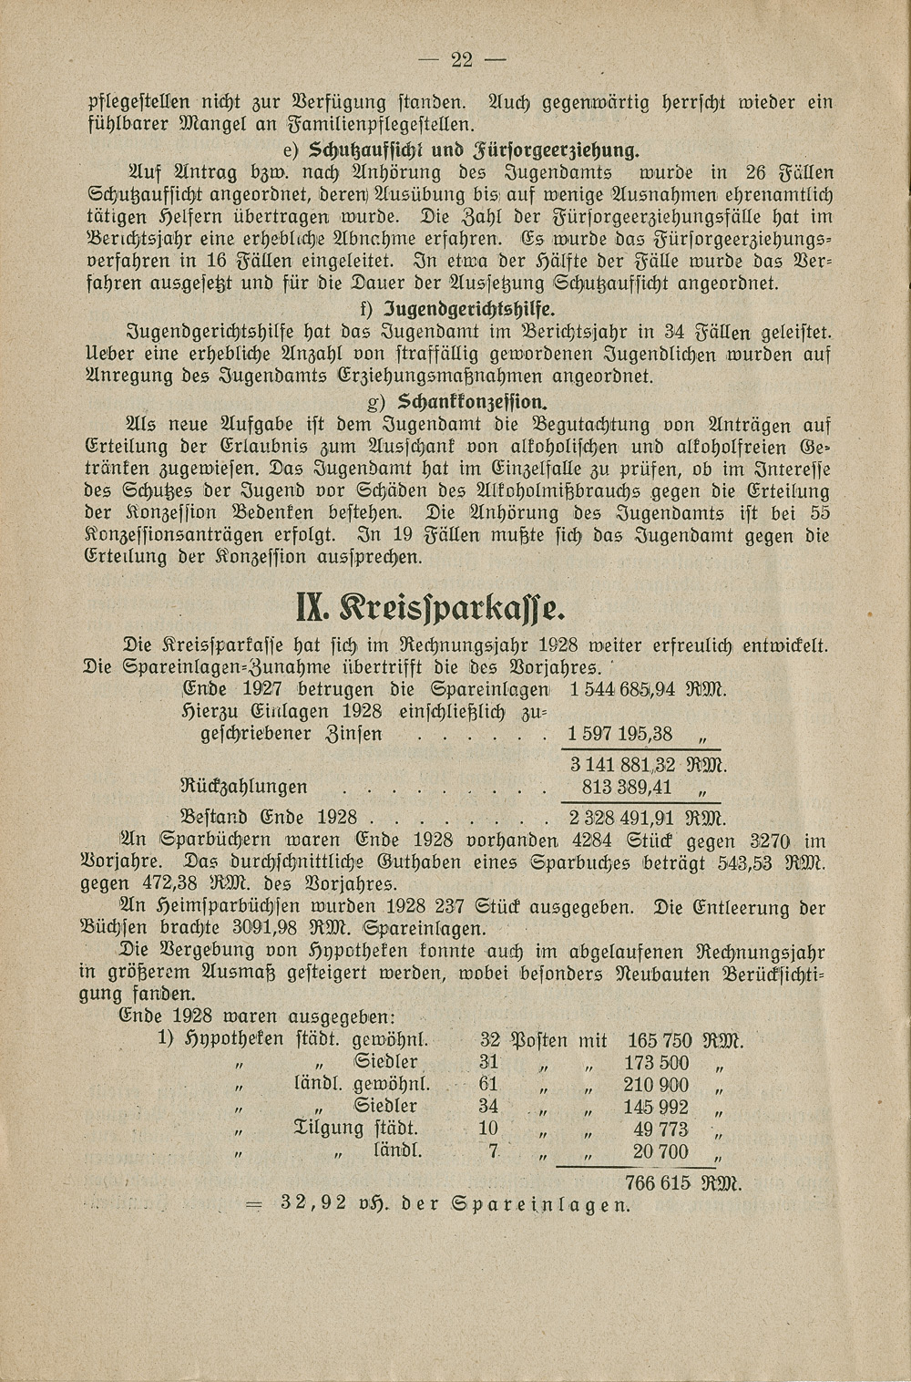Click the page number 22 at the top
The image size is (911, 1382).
pyautogui.click(x=462, y=60)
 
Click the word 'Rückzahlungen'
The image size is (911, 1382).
pyautogui.click(x=244, y=787)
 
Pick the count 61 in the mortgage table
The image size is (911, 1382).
pyautogui.click(x=489, y=1085)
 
